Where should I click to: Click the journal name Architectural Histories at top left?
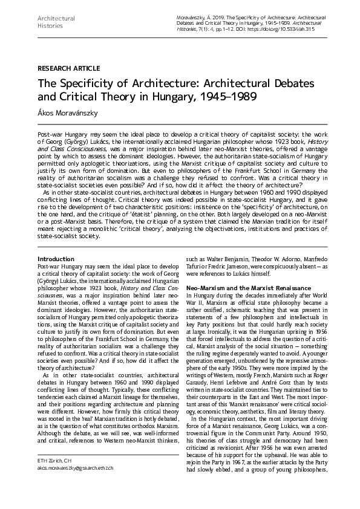(x=56, y=22)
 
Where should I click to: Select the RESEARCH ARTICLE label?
(x=68, y=68)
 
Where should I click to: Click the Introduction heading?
(x=56, y=259)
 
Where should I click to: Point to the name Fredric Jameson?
(x=238, y=265)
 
